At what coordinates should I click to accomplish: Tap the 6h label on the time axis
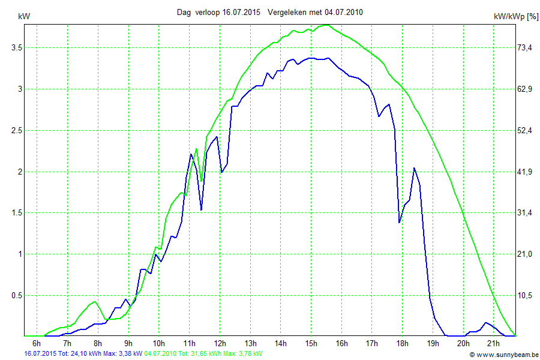coord(37,343)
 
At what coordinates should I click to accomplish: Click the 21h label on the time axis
coord(493,343)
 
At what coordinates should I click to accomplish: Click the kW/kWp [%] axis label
coord(515,17)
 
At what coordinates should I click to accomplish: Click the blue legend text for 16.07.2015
coord(83,354)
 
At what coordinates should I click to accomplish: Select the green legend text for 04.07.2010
coord(203,354)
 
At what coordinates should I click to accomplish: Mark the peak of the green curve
coord(325,25)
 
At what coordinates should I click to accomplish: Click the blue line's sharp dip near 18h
coord(400,223)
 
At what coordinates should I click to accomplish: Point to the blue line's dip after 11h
coord(201,209)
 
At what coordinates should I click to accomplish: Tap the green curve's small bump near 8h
coord(94,301)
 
